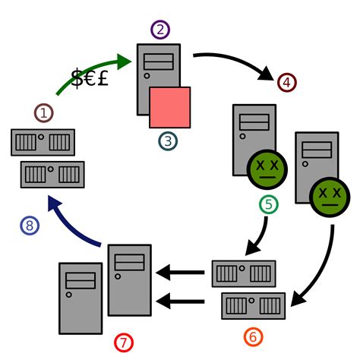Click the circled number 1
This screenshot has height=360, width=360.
(x=44, y=113)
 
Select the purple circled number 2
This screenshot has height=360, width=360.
(x=160, y=30)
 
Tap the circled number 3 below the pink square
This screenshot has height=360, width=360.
(x=168, y=141)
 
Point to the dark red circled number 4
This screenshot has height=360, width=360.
(x=286, y=81)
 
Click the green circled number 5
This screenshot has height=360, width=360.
(x=270, y=204)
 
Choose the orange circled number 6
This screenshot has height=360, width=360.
(x=254, y=336)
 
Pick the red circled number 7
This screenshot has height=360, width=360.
(x=124, y=343)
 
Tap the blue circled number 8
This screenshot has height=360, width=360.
(x=29, y=225)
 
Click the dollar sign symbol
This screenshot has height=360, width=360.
(x=77, y=78)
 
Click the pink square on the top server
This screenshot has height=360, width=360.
(x=169, y=107)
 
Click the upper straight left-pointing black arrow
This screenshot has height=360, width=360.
(x=180, y=272)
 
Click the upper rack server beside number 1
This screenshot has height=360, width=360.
(x=43, y=142)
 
